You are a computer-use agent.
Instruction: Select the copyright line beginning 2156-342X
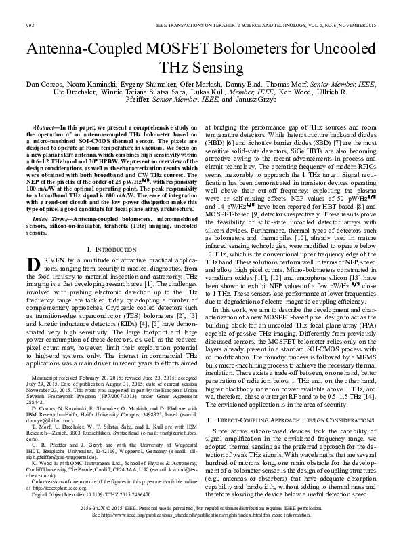tap(200, 507)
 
